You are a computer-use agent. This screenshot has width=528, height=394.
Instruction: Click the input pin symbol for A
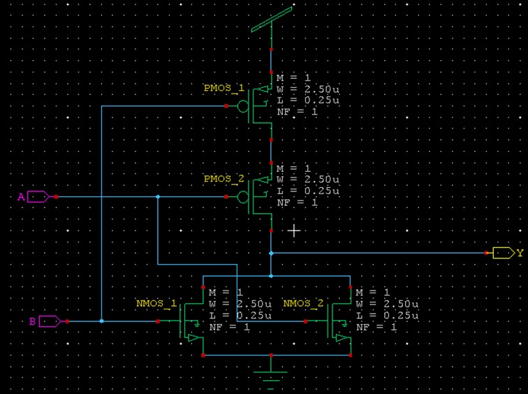click(x=38, y=197)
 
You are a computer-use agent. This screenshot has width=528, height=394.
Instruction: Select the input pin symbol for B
click(x=50, y=321)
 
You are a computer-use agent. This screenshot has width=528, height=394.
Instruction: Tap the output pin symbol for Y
click(x=504, y=253)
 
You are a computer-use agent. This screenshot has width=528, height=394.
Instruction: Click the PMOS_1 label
click(x=224, y=88)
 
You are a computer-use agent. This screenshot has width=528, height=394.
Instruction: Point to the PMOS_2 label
click(x=224, y=179)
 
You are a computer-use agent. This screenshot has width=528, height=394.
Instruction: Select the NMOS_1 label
click(x=156, y=303)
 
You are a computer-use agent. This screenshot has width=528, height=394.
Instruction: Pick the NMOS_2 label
click(x=303, y=303)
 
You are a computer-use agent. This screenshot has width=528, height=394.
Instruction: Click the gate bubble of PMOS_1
click(x=243, y=106)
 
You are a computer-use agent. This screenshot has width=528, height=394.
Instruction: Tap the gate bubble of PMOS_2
click(x=243, y=197)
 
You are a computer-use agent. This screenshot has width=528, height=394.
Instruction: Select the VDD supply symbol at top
click(x=272, y=20)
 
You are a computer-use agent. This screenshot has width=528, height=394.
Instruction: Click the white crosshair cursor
click(x=294, y=231)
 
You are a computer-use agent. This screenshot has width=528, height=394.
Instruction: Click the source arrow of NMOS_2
click(x=342, y=337)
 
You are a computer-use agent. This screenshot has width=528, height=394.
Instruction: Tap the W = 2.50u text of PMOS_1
click(x=308, y=89)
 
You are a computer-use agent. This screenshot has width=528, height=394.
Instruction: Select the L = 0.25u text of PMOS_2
click(x=308, y=191)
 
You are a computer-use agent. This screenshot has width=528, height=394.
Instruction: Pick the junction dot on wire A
click(x=158, y=197)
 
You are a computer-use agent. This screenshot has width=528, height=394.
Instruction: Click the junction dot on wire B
click(x=102, y=321)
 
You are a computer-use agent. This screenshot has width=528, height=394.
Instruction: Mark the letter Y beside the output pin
click(x=520, y=253)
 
